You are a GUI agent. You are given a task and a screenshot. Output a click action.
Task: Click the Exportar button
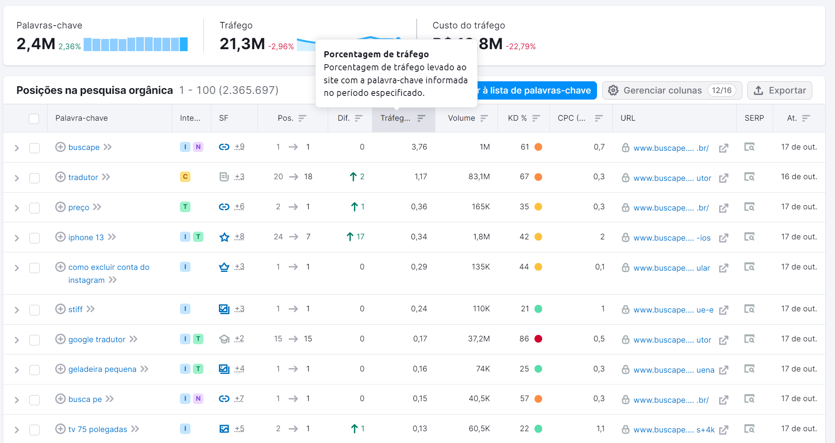(x=779, y=91)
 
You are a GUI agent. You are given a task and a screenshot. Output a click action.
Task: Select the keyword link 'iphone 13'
(x=86, y=237)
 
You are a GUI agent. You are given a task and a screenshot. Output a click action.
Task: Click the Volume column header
(x=461, y=118)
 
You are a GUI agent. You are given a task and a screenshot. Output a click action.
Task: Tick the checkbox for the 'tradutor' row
(x=35, y=178)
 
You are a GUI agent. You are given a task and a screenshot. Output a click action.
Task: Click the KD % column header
(x=517, y=118)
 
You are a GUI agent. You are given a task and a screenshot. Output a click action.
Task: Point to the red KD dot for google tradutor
(x=538, y=339)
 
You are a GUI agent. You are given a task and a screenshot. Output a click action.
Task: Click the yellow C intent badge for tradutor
(x=185, y=177)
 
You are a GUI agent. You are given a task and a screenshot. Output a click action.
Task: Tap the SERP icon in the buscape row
(x=749, y=147)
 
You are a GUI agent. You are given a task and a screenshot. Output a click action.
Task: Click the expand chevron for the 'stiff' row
(x=17, y=310)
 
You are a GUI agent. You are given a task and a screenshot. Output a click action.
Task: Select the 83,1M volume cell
(x=479, y=177)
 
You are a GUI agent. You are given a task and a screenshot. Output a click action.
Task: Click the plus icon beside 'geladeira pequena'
(x=60, y=369)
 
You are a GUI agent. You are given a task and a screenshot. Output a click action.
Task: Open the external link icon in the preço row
(x=723, y=208)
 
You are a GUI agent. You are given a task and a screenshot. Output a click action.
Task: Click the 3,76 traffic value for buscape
(x=419, y=147)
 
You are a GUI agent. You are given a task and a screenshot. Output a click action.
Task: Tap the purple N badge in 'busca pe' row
(x=198, y=399)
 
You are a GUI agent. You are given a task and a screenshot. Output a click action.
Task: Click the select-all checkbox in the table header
(x=34, y=119)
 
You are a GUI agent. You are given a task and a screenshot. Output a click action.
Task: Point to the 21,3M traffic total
(x=242, y=44)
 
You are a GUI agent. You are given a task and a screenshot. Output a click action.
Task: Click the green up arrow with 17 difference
(x=355, y=237)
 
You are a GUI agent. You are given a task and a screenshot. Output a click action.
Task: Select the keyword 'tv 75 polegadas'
(x=97, y=429)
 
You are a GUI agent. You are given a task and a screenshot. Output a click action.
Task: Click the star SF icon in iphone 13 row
(x=224, y=237)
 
